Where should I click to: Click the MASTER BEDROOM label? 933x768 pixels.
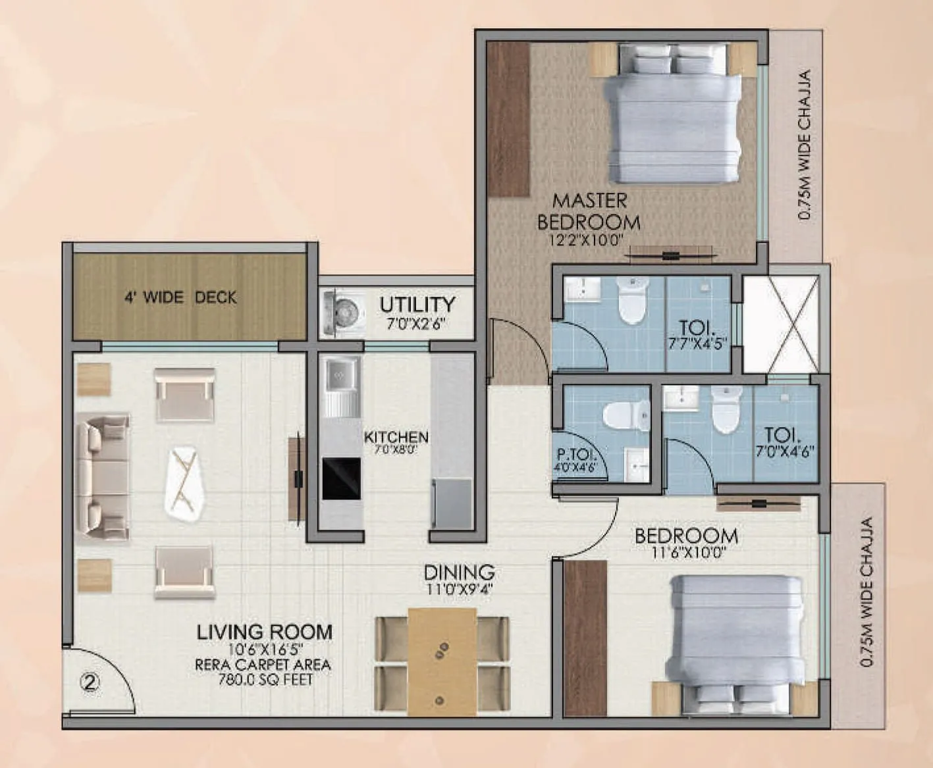[x=589, y=211]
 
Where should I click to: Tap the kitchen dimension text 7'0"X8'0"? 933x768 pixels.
[x=396, y=450]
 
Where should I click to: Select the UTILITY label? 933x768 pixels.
[x=417, y=305]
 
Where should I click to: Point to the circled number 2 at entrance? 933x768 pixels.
[x=90, y=682]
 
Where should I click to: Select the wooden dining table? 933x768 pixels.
[x=441, y=661]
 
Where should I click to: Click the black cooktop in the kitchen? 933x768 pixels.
[x=341, y=478]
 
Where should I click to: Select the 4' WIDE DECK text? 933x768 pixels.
[x=180, y=297]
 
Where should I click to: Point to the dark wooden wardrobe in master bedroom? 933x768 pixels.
[x=509, y=118]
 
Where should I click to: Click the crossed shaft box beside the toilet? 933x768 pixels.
[x=781, y=323]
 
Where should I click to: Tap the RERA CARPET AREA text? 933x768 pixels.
[x=263, y=665]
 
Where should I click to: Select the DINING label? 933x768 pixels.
[x=459, y=572]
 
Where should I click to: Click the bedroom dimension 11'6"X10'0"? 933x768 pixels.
[x=688, y=553]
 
